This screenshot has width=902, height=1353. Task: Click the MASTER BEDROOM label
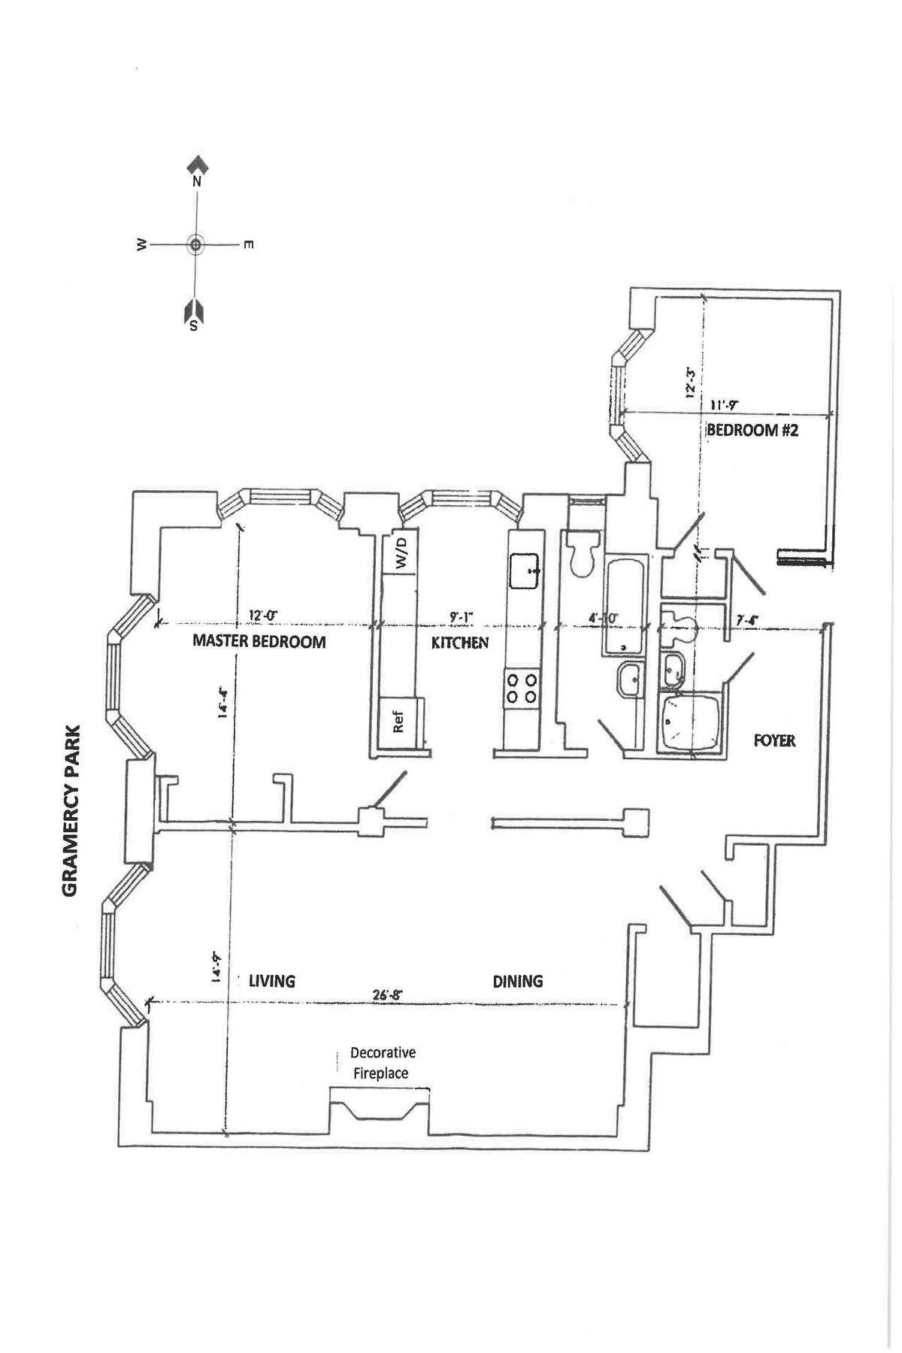(x=259, y=641)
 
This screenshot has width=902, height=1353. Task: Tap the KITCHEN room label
(x=460, y=643)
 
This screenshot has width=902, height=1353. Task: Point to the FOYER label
(x=774, y=740)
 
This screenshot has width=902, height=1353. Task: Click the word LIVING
(x=272, y=981)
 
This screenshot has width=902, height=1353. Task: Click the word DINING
(x=518, y=981)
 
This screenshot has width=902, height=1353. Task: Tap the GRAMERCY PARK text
(x=70, y=810)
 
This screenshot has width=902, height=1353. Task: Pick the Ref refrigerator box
(x=399, y=722)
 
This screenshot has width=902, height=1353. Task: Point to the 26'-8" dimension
(x=389, y=994)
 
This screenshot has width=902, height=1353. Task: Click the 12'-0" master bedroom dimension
(x=262, y=616)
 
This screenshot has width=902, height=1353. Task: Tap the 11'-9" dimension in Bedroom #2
(x=724, y=404)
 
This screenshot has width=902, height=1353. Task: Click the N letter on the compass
(x=197, y=181)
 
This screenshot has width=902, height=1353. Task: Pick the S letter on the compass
(x=194, y=325)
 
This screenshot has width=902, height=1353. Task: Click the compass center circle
(x=195, y=244)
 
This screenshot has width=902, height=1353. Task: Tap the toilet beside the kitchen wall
(x=584, y=555)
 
